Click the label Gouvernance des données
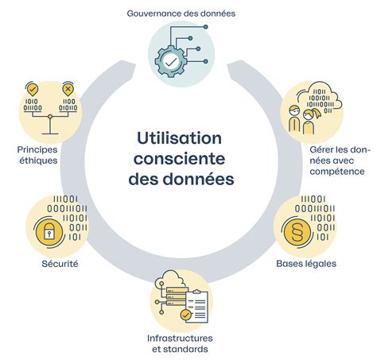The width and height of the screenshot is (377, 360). click(181, 14)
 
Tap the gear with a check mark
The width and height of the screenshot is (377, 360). click(171, 61)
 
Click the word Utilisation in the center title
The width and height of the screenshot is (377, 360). click(180, 138)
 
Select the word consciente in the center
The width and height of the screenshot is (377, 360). click(180, 159)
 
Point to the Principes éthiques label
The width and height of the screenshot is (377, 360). click(37, 155)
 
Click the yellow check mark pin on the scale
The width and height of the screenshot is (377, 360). click(33, 90)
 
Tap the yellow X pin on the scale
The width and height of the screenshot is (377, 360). click(68, 90)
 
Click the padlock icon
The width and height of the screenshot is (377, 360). click(49, 232)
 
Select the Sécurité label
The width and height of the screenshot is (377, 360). click(60, 264)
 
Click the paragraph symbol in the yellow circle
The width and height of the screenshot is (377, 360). click(297, 232)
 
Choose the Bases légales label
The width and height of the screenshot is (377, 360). click(306, 264)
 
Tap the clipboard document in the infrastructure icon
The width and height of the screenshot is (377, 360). click(196, 307)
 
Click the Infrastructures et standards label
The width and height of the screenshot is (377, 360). click(180, 343)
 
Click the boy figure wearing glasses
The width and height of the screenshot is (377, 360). click(294, 119)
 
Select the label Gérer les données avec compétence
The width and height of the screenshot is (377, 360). click(340, 161)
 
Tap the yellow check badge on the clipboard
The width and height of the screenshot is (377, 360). click(185, 315)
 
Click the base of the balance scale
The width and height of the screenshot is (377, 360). click(50, 134)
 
